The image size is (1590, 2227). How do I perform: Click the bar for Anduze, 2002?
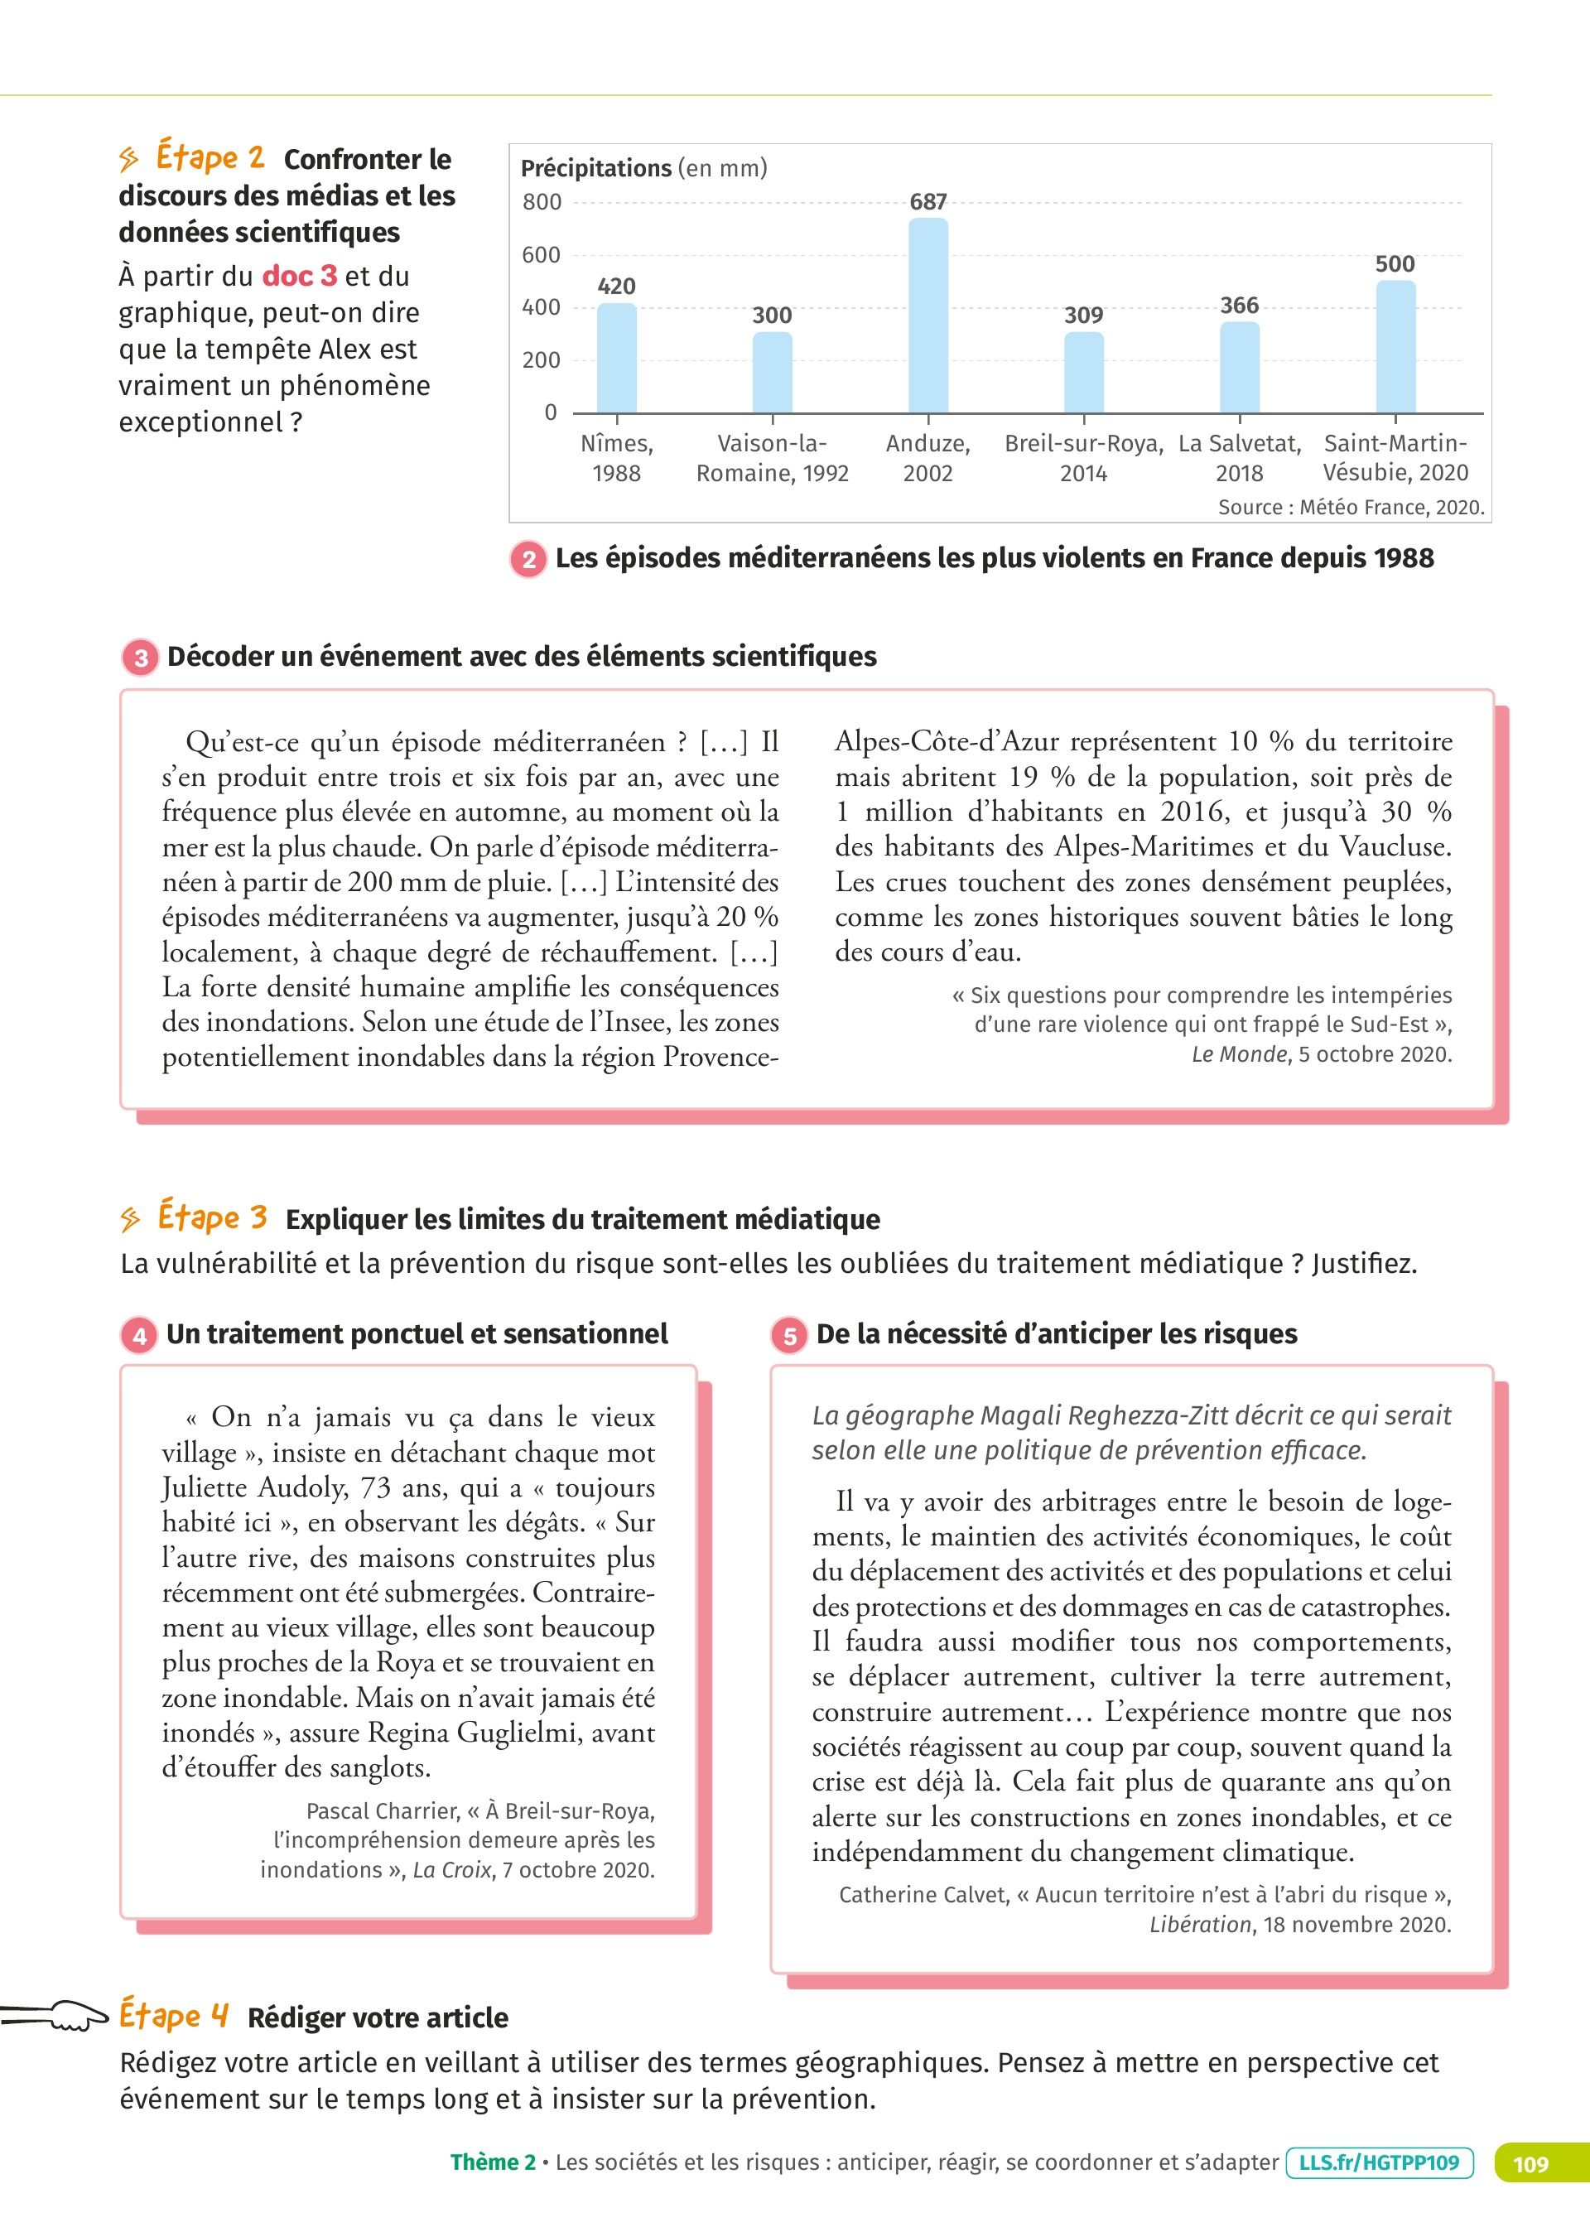pos(928,316)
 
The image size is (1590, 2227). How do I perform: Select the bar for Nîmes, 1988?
pos(617,359)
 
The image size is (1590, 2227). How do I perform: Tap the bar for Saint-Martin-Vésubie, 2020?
pos(1395,346)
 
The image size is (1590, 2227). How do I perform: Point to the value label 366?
pos(1239,306)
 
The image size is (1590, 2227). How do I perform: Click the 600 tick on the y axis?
pos(542,254)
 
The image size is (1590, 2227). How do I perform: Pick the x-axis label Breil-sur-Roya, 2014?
pos(1084,458)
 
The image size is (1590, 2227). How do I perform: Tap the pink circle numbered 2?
pos(528,559)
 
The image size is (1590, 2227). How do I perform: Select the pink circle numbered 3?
pos(141,657)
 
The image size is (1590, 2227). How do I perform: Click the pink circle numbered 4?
pos(140,1335)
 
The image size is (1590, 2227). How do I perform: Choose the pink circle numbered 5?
pos(789,1335)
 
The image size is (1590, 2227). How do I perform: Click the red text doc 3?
pos(300,276)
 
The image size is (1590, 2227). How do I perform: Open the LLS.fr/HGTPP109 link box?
pos(1380,2162)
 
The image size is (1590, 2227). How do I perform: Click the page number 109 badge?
pos(1530,2162)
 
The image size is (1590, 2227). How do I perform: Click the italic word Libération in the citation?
pos(1200,1925)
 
